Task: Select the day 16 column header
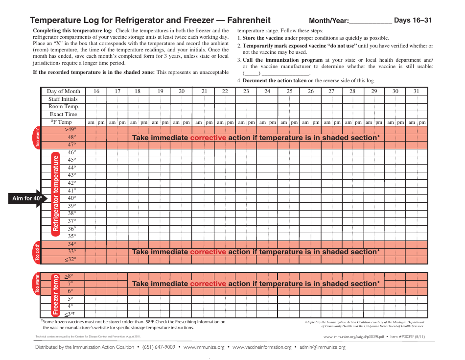click(x=96, y=91)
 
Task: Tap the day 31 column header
click(x=417, y=91)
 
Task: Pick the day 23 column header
click(x=246, y=91)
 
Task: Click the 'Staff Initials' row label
click(x=63, y=99)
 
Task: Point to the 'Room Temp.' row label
click(x=64, y=106)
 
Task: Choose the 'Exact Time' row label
click(x=64, y=114)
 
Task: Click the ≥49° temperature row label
click(x=71, y=130)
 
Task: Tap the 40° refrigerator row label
click(x=71, y=198)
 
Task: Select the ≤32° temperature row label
click(x=71, y=260)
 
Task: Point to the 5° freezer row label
click(x=70, y=298)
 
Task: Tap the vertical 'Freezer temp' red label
click(x=56, y=294)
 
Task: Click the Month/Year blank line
click(x=371, y=22)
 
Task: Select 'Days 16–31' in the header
click(x=413, y=21)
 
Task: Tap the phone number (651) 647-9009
click(x=159, y=347)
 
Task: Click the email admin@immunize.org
click(x=323, y=347)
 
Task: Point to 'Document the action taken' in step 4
click(x=275, y=81)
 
